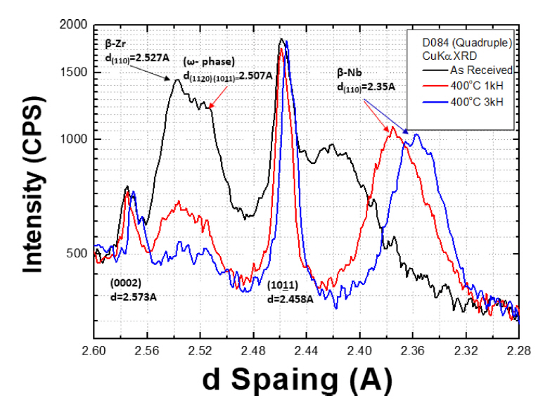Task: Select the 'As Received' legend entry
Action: [x=476, y=70]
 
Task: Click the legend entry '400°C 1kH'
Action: [x=475, y=86]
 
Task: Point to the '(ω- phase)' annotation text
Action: [x=209, y=61]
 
